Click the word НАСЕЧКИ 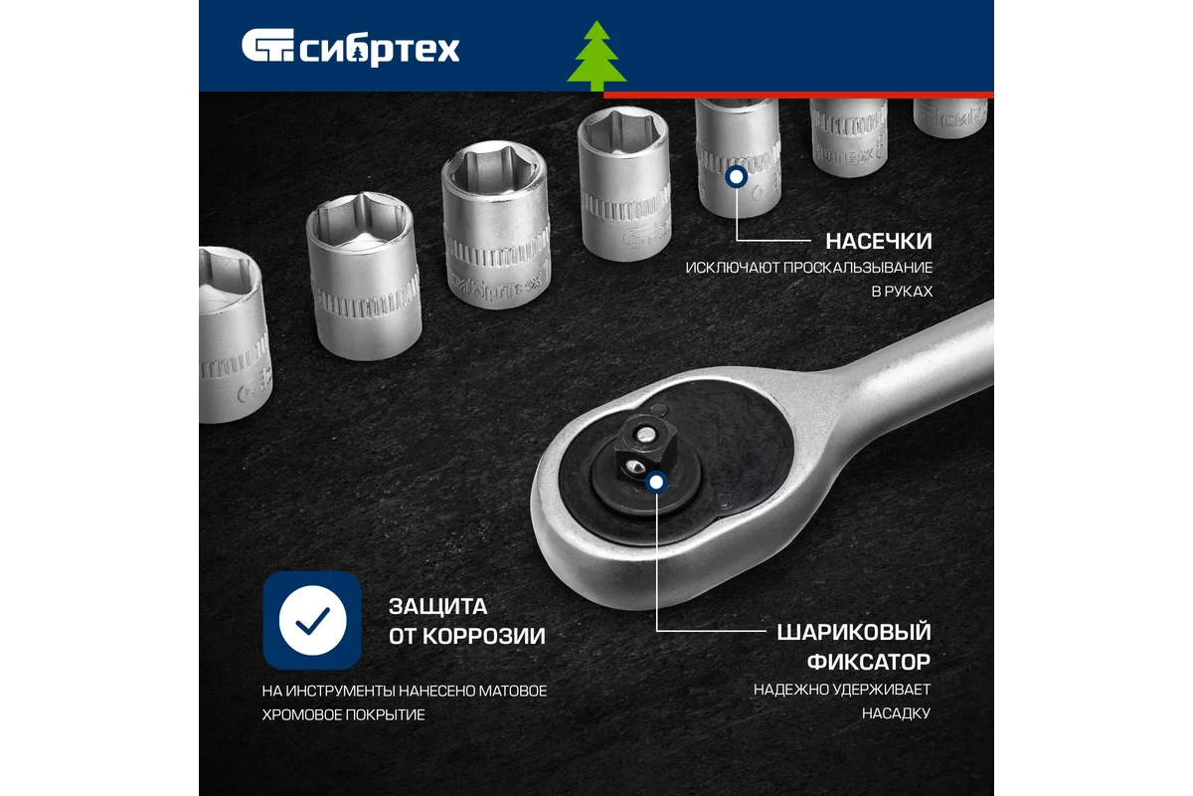(x=879, y=241)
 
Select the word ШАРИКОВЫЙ (x=853, y=633)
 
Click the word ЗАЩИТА (x=438, y=607)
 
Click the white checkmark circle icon (x=312, y=620)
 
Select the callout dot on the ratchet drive (x=655, y=484)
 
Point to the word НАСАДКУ (x=897, y=713)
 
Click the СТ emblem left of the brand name (x=266, y=48)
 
